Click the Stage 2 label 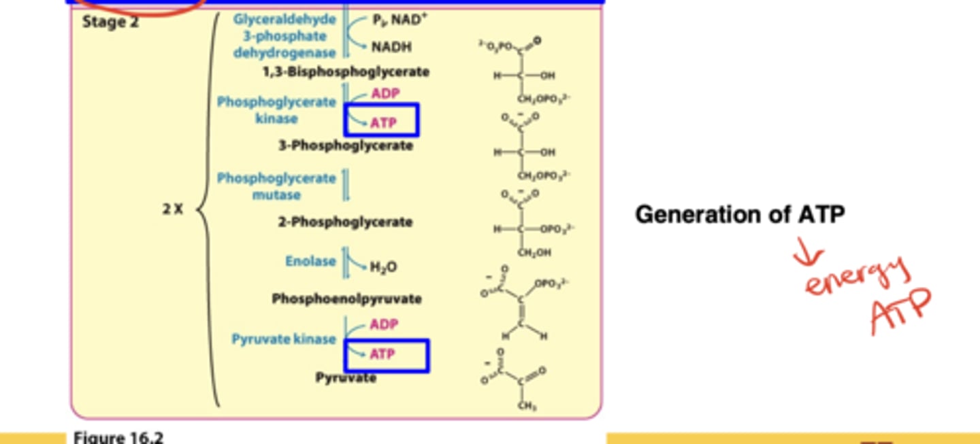(x=110, y=22)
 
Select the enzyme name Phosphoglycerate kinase (x=276, y=110)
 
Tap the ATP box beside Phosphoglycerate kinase (x=382, y=121)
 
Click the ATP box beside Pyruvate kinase (x=387, y=356)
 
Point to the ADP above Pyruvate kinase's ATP (x=384, y=324)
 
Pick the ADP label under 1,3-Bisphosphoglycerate (x=385, y=93)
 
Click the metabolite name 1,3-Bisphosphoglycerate (x=346, y=71)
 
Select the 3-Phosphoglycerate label (x=345, y=146)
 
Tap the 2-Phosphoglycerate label (x=345, y=222)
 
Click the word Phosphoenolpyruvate (x=346, y=298)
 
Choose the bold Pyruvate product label (x=346, y=377)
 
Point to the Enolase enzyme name (x=310, y=261)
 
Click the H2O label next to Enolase (x=383, y=267)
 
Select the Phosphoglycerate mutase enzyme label (x=276, y=186)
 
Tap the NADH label (x=391, y=47)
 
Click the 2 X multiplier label (x=173, y=209)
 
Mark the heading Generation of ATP (x=740, y=215)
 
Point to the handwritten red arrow (x=808, y=256)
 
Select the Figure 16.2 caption (x=118, y=437)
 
